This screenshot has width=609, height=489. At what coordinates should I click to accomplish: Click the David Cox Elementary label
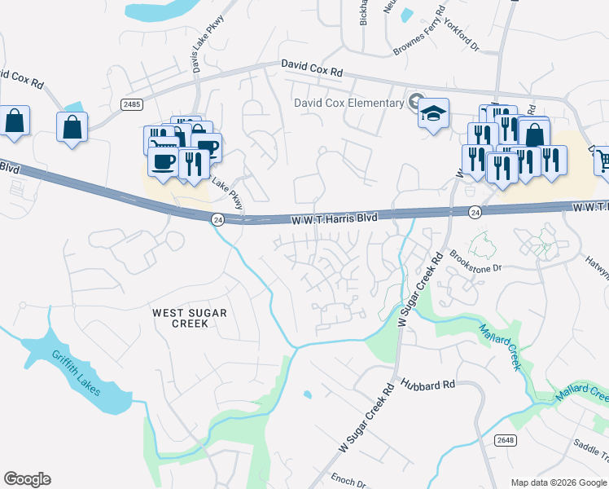(349, 103)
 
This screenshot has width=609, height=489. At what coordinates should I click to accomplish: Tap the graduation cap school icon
(433, 112)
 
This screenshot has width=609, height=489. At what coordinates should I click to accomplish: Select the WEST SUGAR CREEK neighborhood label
(190, 318)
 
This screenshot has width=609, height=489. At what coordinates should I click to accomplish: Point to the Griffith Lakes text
(76, 372)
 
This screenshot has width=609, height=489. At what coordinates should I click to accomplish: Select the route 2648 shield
(506, 440)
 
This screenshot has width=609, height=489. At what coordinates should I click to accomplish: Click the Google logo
(27, 478)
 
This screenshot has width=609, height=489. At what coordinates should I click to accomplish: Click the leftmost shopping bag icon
(15, 121)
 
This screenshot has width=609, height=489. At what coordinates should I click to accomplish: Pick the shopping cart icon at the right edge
(602, 161)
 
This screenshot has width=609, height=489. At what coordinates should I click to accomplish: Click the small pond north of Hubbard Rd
(307, 395)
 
